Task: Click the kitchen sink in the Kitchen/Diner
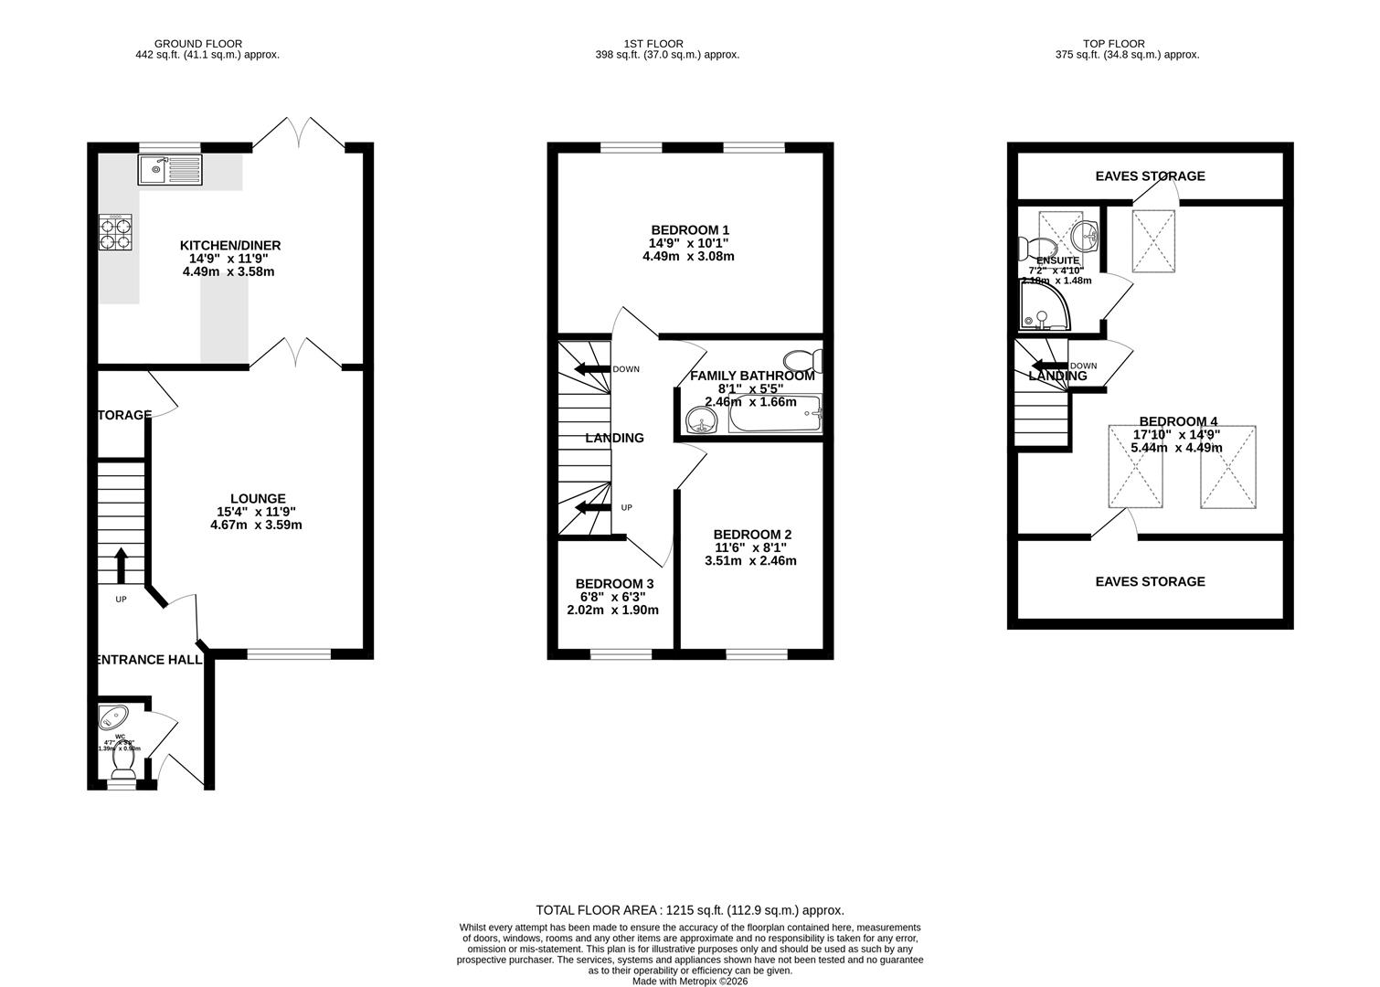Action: [x=169, y=169]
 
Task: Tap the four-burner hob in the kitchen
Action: [x=115, y=232]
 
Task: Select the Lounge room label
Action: [x=257, y=498]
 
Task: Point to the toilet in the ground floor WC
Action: [x=122, y=773]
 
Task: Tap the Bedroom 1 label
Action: [x=689, y=229]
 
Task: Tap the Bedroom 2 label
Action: [x=751, y=535]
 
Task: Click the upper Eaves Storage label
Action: [x=1150, y=175]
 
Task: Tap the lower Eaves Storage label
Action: [x=1150, y=581]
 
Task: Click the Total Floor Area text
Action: [x=689, y=910]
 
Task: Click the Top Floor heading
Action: [x=1113, y=43]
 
